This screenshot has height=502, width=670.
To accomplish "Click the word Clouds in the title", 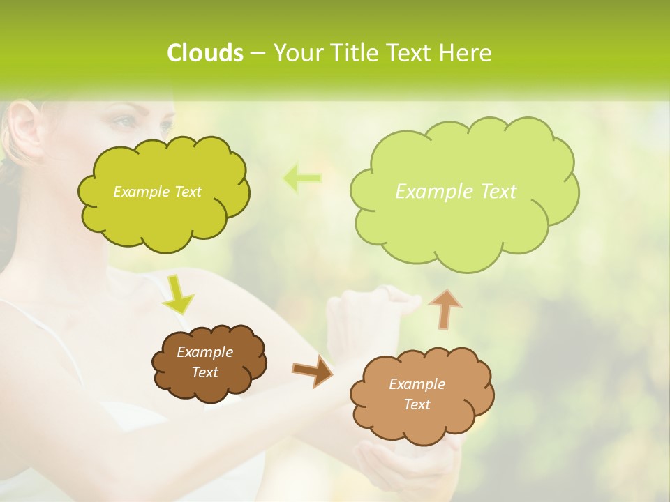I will point(204,53).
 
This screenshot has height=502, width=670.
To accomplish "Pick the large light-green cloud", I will point(463,223).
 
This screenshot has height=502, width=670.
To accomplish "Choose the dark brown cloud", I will point(209,387).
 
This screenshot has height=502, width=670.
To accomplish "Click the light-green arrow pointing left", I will point(302,178).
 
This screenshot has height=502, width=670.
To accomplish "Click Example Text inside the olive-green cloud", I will point(157,192).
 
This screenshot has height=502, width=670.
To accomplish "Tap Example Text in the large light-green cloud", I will point(456,192).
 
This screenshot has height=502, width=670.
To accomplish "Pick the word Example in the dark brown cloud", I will point(204,352).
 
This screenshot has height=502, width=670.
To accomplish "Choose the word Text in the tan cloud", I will point(417,404).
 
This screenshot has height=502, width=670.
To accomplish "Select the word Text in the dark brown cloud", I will point(204,372).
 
